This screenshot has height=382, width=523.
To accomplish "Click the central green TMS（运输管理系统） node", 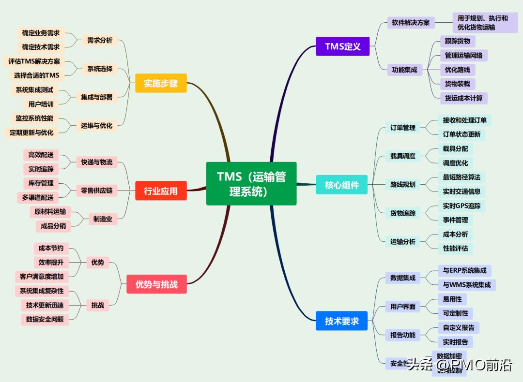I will pos(251,183).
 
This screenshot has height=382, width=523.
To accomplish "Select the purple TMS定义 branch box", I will pos(342,46).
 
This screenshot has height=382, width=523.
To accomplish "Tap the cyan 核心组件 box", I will pos(341,185).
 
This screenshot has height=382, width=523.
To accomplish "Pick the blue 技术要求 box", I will pos(341,321).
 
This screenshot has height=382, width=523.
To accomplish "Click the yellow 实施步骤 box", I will pos(161,83).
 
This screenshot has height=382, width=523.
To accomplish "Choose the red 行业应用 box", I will pos(161,191).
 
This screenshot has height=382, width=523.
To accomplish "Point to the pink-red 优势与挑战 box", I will pos(156,284).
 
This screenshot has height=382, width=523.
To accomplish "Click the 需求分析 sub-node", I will pos(100,41).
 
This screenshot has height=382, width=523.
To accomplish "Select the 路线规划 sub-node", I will pos(403,184).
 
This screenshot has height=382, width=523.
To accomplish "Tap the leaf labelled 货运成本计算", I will pos(463,98).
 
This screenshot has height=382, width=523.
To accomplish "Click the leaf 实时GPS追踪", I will pos(461,206).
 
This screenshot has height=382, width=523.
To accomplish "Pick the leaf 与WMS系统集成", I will pos(466,285).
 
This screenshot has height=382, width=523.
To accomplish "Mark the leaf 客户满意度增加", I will pos(42,277).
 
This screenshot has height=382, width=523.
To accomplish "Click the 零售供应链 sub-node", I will pos(97,191).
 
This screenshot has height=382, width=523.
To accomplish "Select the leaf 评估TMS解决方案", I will pos(34,61).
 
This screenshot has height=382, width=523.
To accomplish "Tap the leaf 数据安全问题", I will pos(45,319).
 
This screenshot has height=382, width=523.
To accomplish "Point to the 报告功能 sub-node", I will pos(403,335).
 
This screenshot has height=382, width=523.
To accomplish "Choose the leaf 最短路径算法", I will pos(461,177).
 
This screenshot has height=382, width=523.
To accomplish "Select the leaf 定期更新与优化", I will pos(31,132).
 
